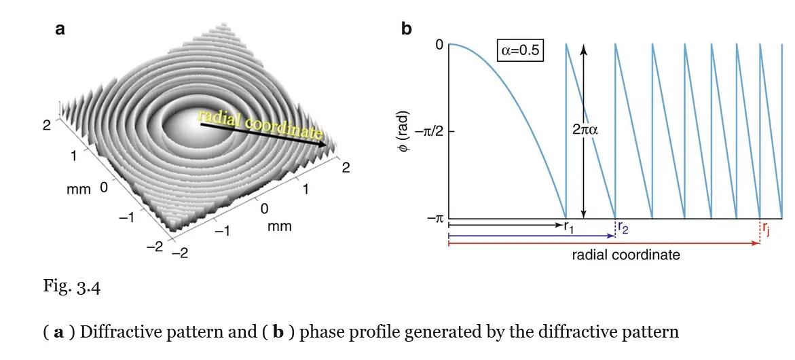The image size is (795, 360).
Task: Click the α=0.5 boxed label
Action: click(x=521, y=52)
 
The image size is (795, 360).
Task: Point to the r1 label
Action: click(x=569, y=227)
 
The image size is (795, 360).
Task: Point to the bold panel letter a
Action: click(x=60, y=29)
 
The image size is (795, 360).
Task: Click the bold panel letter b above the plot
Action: click(x=406, y=29)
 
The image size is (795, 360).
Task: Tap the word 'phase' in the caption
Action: click(x=324, y=332)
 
